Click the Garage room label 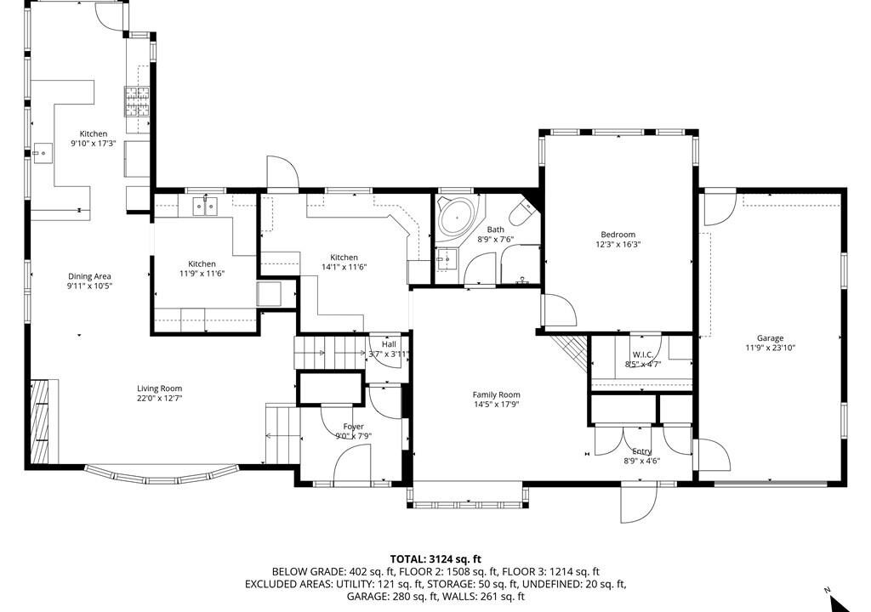point(770,337)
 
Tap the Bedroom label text point(618,235)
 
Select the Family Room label point(496,395)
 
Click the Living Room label point(159,388)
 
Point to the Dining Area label point(89,276)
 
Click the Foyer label point(353,427)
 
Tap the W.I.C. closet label point(642,354)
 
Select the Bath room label point(496,229)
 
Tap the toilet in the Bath point(524,212)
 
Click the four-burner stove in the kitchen point(137,102)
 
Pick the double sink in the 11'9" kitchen point(206,206)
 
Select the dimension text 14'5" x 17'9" point(496,405)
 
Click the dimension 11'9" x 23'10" point(770,348)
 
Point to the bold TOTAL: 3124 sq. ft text point(435,559)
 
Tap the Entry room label point(642,451)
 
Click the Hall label point(389,344)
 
